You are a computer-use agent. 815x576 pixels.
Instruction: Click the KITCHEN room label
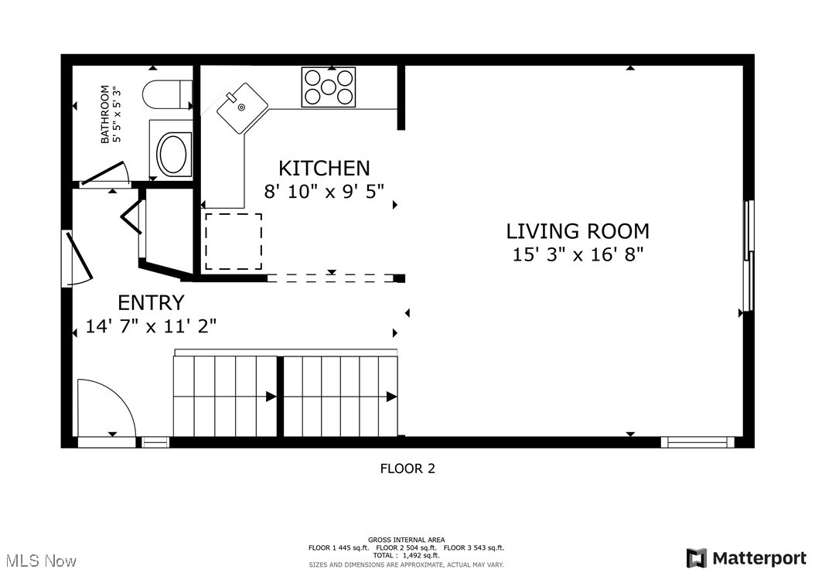pos(324,168)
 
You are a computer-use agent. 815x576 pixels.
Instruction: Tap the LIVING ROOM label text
pos(577,230)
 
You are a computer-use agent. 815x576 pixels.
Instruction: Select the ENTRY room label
pos(151,302)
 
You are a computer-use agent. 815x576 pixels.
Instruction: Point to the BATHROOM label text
pos(105,114)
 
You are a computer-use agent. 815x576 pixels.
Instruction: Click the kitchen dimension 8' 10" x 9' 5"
pos(324,191)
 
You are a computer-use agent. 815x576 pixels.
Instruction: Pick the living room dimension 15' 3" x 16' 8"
pos(577,254)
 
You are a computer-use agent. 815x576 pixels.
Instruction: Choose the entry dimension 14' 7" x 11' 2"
pos(151,326)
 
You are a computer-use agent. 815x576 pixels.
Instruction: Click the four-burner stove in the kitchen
pos(329,87)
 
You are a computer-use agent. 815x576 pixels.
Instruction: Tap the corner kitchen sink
pos(241,107)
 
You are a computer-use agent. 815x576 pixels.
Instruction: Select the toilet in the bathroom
pos(166,95)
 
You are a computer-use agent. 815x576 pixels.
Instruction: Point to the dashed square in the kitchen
pos(234,241)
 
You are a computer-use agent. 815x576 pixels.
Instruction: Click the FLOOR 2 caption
pos(407,469)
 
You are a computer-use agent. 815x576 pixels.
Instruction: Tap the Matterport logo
pos(746,557)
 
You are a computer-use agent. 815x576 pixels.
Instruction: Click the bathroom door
pos(104,174)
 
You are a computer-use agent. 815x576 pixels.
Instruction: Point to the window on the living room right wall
pos(748,255)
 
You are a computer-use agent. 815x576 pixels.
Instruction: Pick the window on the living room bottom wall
pos(697,442)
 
